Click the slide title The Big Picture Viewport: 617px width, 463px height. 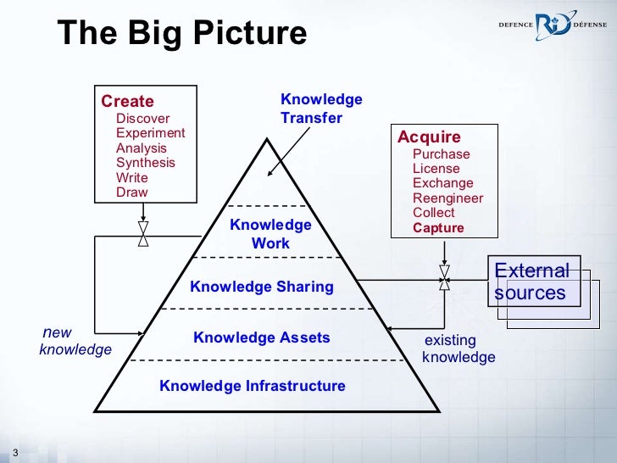[181, 34]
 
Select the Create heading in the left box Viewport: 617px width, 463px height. [127, 102]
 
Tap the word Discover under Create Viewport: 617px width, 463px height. [142, 119]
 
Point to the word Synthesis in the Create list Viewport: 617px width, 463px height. [146, 163]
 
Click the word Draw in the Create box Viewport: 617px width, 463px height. [131, 192]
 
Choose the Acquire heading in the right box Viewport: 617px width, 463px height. [429, 137]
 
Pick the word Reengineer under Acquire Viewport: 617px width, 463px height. [447, 198]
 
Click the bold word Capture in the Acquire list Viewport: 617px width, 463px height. [438, 228]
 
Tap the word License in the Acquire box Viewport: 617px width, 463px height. [436, 169]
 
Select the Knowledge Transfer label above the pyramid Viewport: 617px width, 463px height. [320, 109]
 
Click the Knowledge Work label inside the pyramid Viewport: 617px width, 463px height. [270, 234]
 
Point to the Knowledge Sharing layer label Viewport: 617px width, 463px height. [262, 287]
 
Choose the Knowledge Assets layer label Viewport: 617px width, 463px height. [262, 337]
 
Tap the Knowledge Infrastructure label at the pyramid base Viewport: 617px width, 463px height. [253, 387]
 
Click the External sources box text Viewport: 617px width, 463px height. [531, 282]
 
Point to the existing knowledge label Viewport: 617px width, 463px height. [458, 349]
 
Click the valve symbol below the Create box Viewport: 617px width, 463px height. [143, 234]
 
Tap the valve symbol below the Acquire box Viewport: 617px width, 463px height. [444, 277]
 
